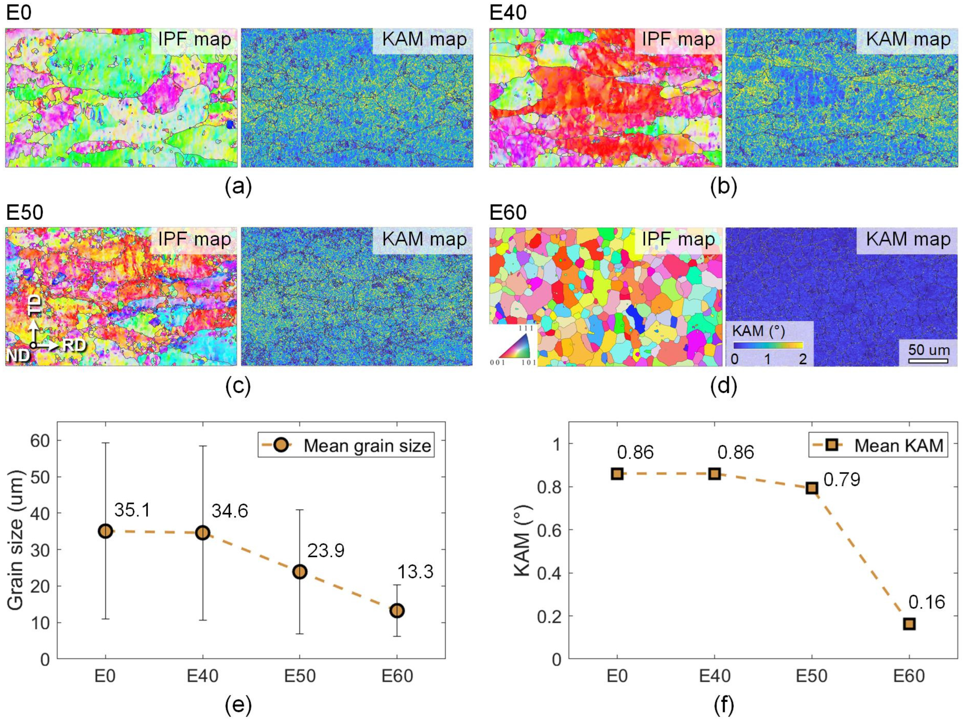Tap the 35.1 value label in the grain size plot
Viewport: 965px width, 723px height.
coord(132,509)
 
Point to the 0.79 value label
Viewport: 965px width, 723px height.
coord(842,479)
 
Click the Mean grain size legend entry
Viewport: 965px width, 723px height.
coord(346,445)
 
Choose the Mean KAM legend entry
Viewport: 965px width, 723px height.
coord(878,445)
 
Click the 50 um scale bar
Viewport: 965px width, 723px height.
coord(928,361)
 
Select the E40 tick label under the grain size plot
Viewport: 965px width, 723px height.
coord(202,676)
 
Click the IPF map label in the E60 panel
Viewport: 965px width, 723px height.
coord(678,239)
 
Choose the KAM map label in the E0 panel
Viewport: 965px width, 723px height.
coord(424,39)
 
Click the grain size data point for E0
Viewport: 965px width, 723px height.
coord(106,531)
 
